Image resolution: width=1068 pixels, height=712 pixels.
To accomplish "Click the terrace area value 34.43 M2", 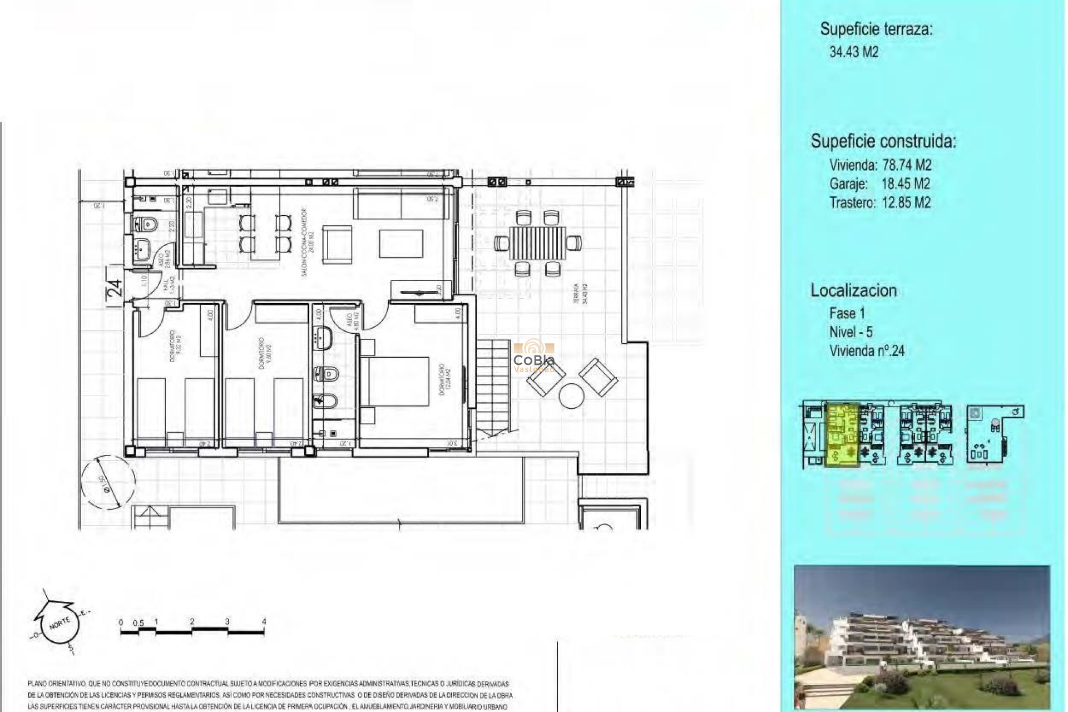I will pos(854,52).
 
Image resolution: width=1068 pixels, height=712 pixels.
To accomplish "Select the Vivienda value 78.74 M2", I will pos(907,165).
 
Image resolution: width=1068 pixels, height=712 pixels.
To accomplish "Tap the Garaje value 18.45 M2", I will pos(905,184).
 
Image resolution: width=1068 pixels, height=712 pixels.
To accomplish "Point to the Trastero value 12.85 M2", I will pos(906,203).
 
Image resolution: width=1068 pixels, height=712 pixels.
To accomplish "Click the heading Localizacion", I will pos(853,290).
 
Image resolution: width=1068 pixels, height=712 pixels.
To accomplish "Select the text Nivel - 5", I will pos(851,332).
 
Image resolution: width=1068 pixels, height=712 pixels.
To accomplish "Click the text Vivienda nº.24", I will pos(867,351).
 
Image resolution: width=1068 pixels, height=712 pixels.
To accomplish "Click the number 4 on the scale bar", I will pos(264,621).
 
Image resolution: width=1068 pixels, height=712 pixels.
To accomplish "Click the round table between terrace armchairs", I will pos(571,396).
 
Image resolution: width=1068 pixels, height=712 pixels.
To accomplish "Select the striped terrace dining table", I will pos(537,243).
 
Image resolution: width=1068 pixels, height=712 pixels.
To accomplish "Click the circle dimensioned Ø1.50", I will pos(107,482).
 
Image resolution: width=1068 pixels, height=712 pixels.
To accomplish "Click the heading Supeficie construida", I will pos(883,141).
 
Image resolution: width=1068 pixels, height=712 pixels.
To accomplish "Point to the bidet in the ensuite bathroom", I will pos(323,399).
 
